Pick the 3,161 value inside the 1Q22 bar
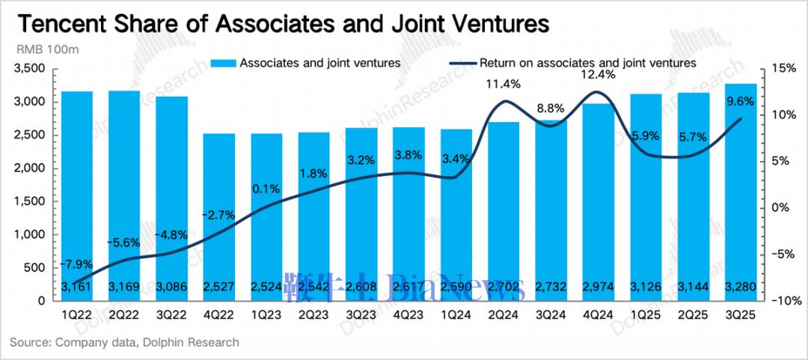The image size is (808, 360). (x=76, y=287)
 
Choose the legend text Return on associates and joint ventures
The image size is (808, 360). (x=588, y=63)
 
